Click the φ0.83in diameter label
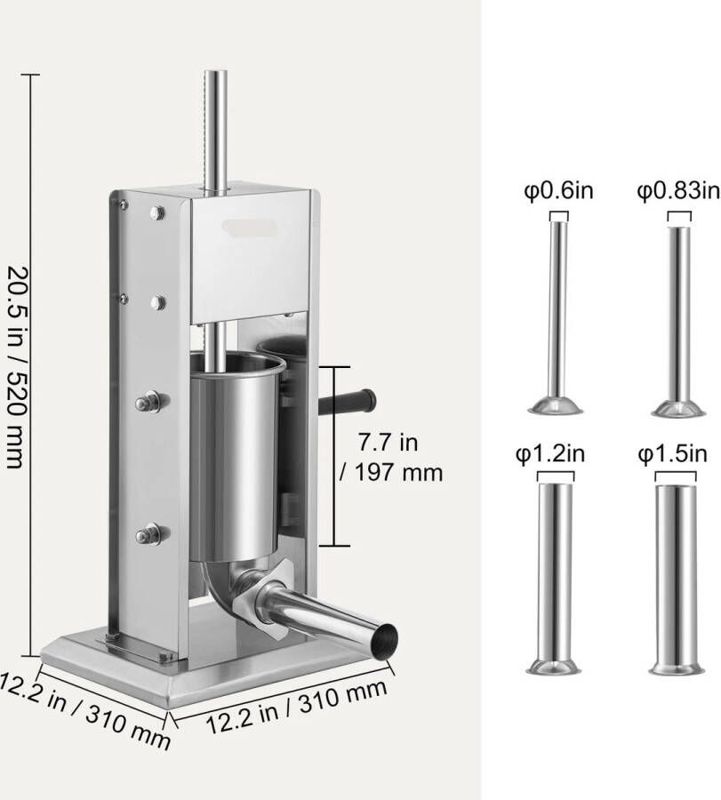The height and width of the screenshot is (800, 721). tap(677, 190)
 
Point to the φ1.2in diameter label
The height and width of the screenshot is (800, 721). tap(550, 455)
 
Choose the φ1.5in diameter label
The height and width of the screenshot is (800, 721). tap(673, 455)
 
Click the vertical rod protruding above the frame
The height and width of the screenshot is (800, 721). tap(214, 124)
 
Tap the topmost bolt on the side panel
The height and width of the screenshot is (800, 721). tap(158, 212)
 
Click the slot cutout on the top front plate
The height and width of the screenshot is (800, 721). tap(250, 230)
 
